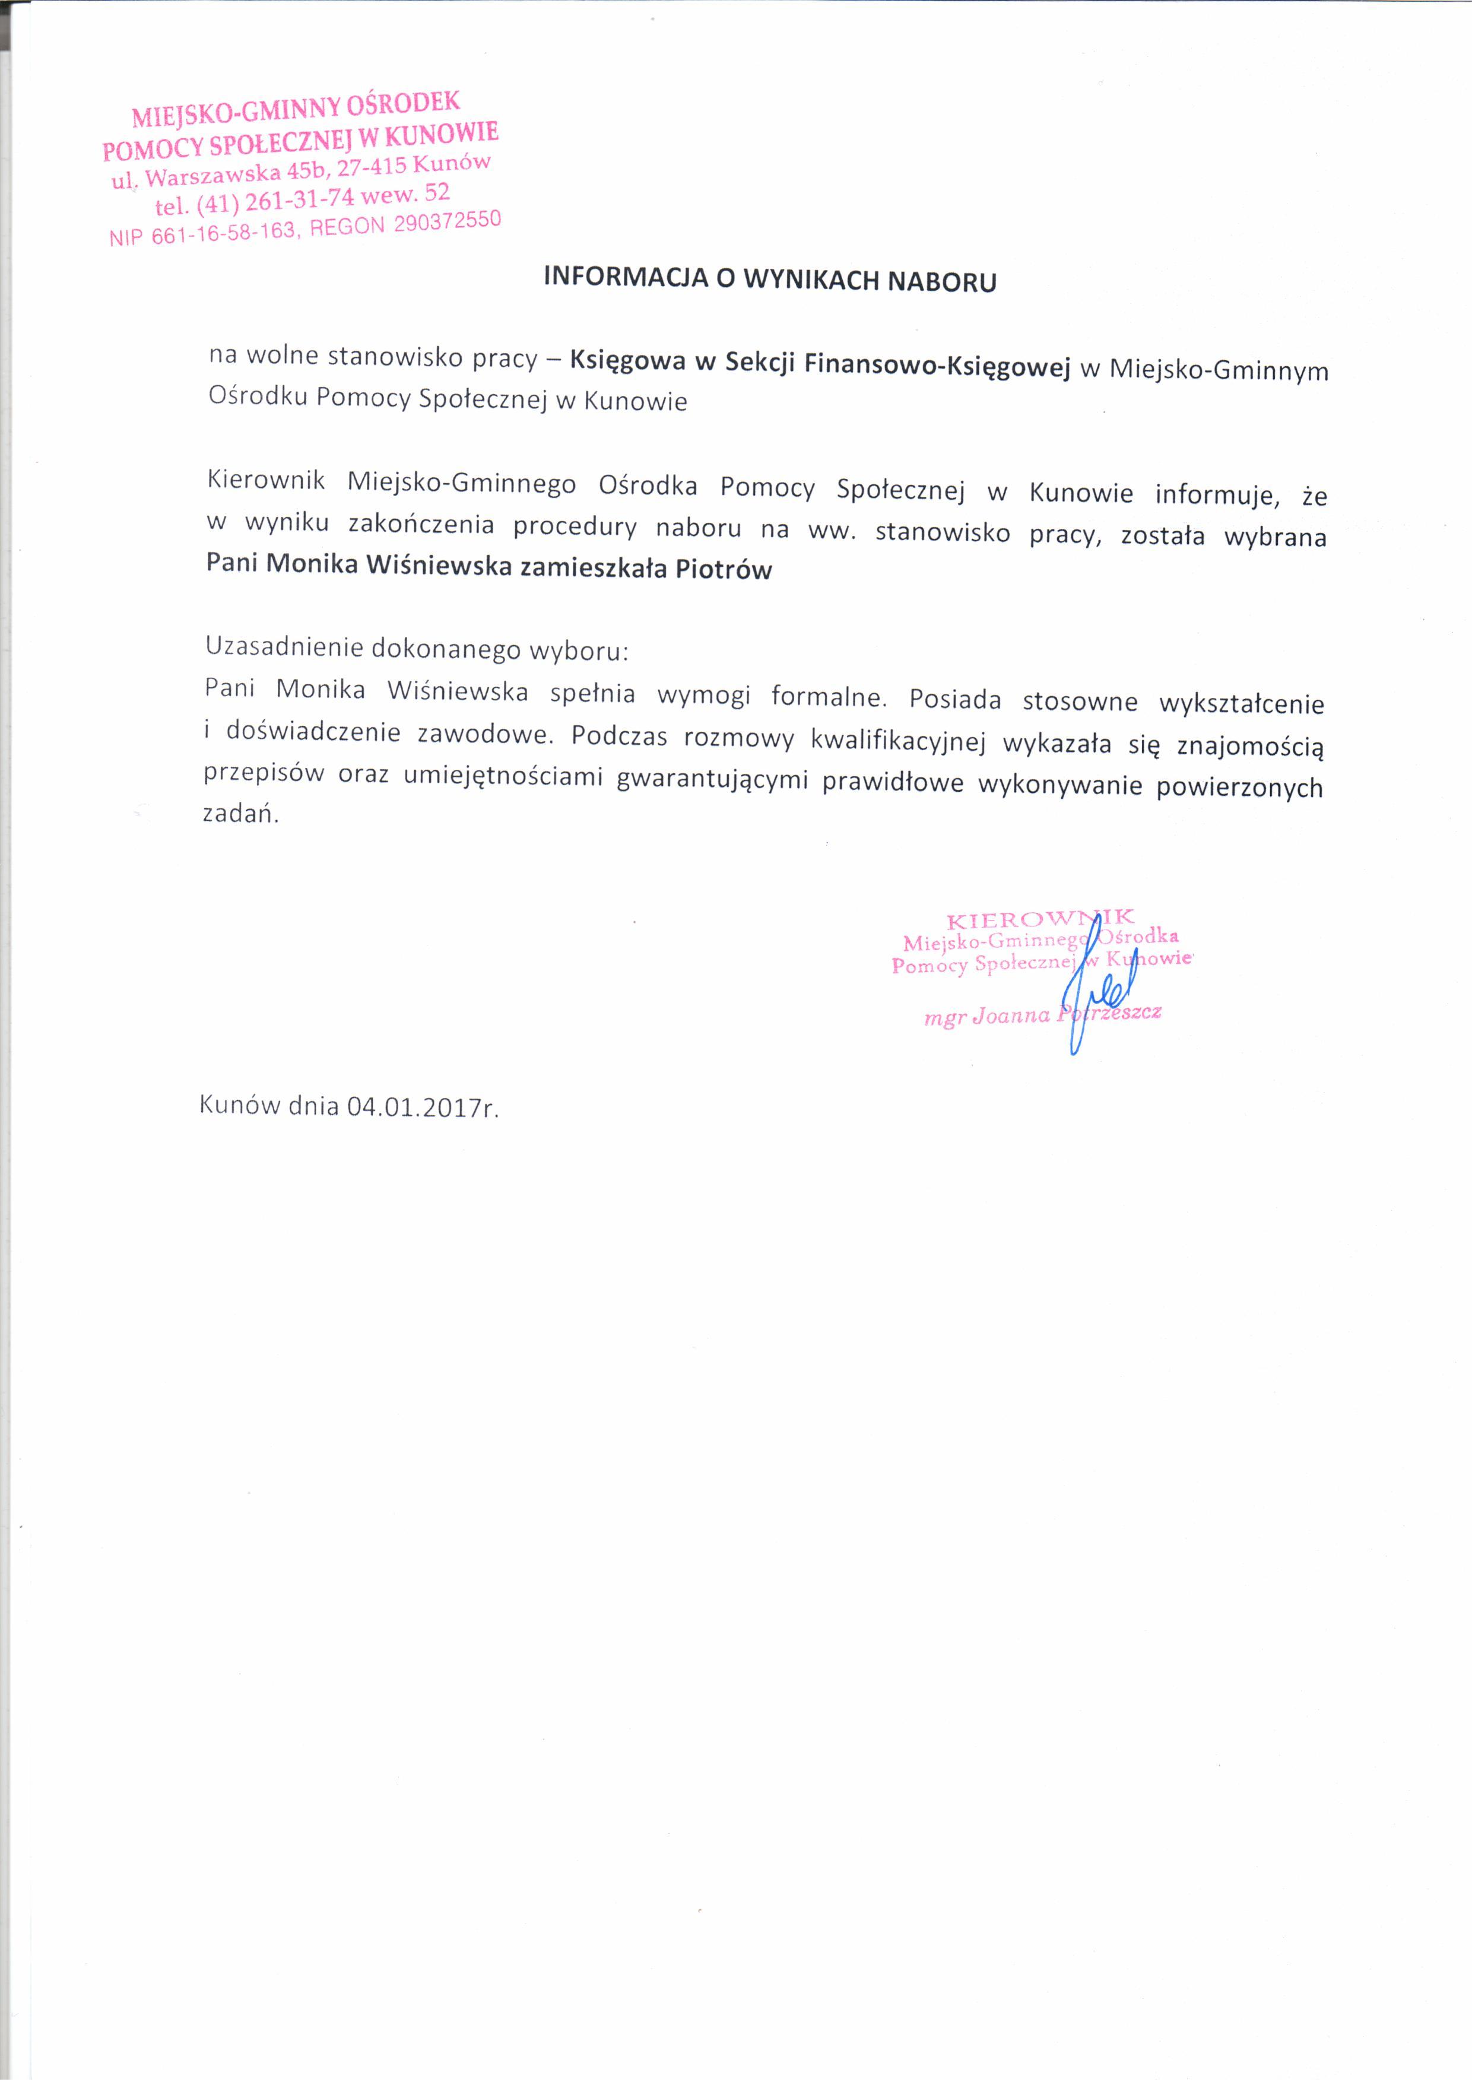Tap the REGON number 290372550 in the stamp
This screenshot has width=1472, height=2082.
[447, 221]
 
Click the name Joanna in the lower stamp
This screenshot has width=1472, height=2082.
[1010, 1015]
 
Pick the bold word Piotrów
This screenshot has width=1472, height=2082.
[723, 570]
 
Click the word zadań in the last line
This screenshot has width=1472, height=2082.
[239, 814]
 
